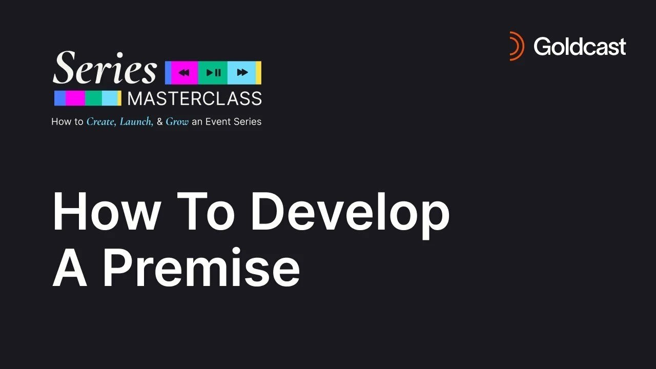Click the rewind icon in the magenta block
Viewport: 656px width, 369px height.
point(184,73)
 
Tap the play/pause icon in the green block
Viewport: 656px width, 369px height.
point(213,73)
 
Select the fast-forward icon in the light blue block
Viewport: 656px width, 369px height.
point(242,73)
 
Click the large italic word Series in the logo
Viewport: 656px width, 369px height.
point(105,69)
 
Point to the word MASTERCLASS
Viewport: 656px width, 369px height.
point(194,98)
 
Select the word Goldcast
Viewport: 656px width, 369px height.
point(580,47)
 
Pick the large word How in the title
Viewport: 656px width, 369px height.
point(106,213)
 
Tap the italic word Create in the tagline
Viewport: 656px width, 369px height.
point(101,122)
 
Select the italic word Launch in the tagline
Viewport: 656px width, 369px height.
point(136,122)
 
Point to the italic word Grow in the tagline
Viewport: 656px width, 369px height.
point(177,122)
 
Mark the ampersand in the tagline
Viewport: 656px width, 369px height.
point(159,122)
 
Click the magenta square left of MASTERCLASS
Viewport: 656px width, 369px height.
point(75,98)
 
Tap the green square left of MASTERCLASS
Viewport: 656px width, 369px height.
point(93,98)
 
